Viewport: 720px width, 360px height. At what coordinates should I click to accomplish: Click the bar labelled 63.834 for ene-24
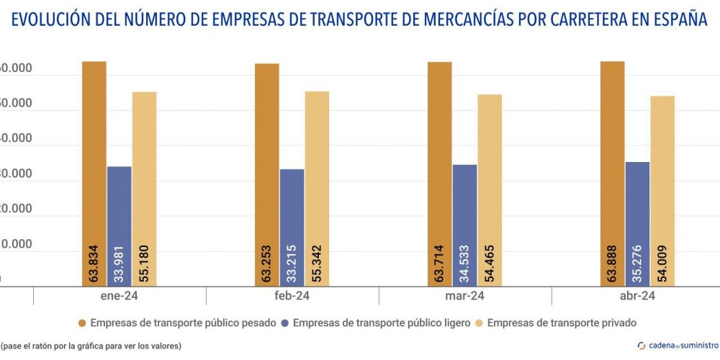(94, 173)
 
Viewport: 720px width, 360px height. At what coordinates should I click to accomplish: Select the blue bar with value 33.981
(120, 226)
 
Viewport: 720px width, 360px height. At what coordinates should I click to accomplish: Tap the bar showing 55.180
(144, 189)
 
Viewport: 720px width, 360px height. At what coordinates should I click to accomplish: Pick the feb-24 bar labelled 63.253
(266, 174)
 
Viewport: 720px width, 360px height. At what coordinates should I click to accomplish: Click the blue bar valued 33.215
(292, 228)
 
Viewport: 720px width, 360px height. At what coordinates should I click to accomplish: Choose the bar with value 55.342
(317, 188)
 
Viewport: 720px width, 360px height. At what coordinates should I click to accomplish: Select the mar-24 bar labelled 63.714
(439, 174)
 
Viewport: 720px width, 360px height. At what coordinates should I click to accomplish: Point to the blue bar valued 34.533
(464, 225)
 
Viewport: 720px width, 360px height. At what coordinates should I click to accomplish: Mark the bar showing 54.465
(490, 190)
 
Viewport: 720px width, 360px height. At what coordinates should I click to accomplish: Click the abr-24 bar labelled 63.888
(613, 173)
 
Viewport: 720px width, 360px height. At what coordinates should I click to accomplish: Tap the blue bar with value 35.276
(638, 223)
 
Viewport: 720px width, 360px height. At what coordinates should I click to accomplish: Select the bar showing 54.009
(662, 191)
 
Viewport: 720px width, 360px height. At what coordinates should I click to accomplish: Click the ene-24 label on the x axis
(120, 297)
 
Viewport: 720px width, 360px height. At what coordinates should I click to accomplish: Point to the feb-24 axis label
(292, 297)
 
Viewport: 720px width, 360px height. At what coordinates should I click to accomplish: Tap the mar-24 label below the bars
(465, 297)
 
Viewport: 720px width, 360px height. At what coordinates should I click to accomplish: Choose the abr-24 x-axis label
(638, 297)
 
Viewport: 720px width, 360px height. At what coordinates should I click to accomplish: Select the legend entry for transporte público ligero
(374, 323)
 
